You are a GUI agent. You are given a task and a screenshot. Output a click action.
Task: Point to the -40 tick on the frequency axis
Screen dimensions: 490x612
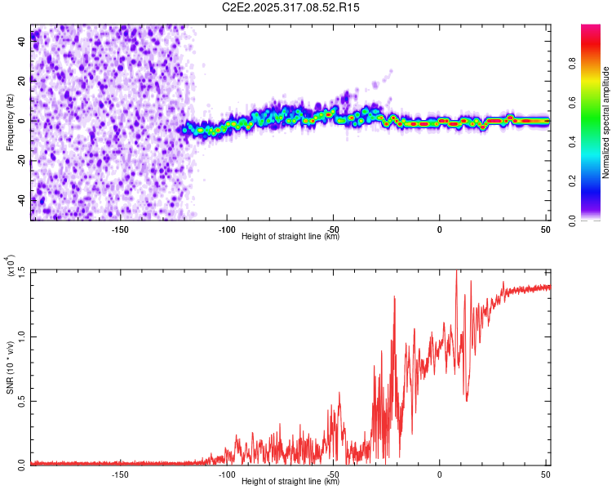pyautogui.click(x=23, y=199)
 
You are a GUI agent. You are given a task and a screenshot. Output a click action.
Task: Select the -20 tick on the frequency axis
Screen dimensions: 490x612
pyautogui.click(x=23, y=160)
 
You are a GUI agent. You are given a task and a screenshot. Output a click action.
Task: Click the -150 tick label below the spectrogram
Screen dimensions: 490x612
pyautogui.click(x=120, y=229)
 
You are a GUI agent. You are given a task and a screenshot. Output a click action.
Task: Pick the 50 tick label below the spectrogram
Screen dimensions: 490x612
pyautogui.click(x=545, y=229)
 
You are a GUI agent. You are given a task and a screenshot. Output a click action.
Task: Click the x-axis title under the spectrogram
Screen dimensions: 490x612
pyautogui.click(x=290, y=237)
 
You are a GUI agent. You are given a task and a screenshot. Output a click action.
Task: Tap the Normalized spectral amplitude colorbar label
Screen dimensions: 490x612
pyautogui.click(x=606, y=122)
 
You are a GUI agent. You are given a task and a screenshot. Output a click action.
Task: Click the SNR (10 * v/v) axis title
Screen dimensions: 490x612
pyautogui.click(x=11, y=367)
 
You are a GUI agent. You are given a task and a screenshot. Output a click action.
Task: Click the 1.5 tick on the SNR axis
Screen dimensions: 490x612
pyautogui.click(x=23, y=271)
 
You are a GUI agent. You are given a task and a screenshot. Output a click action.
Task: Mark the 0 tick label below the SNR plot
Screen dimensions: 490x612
pyautogui.click(x=440, y=474)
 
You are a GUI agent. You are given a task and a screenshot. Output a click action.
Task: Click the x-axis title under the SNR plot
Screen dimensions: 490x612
pyautogui.click(x=290, y=482)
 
